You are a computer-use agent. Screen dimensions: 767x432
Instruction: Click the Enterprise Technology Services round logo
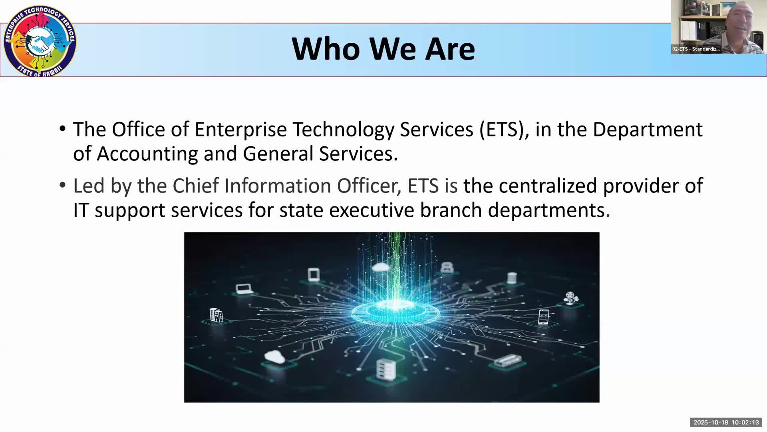40,41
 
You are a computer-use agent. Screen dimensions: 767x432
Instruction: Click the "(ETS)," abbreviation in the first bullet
504,130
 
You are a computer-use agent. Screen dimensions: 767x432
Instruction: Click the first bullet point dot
62,129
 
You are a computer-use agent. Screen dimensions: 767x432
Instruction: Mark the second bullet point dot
62,185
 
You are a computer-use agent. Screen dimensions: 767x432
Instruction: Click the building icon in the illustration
216,315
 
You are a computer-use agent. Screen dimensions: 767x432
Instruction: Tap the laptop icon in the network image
244,289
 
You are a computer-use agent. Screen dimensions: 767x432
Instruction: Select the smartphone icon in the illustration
544,317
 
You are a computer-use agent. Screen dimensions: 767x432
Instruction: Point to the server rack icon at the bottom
386,370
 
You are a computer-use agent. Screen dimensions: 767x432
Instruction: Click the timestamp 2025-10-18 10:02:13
726,422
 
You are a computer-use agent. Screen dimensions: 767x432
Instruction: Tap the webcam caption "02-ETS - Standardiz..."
696,49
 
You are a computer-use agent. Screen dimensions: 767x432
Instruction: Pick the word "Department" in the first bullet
648,130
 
